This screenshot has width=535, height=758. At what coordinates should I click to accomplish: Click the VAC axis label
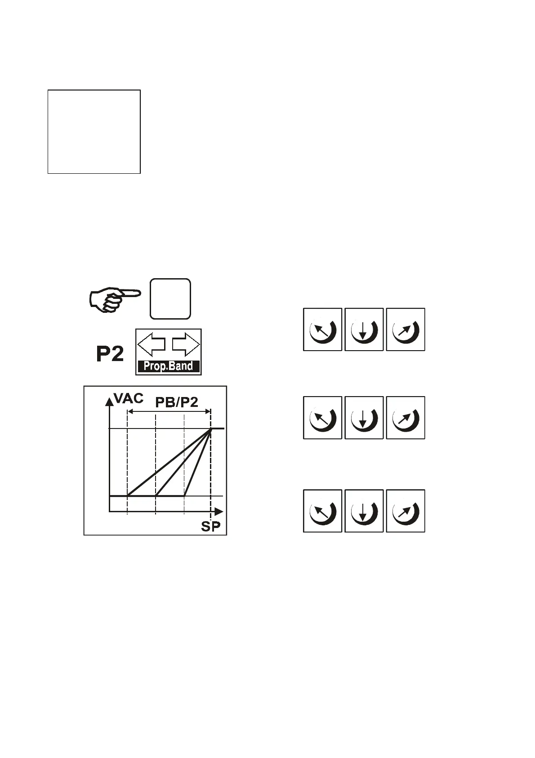click(x=129, y=398)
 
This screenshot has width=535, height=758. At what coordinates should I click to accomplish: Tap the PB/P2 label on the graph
click(x=177, y=402)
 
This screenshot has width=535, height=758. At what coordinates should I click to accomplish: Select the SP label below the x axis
click(x=211, y=527)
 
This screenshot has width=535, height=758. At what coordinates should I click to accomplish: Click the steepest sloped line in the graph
click(x=197, y=464)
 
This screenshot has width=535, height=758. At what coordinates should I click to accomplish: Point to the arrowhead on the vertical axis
click(x=109, y=401)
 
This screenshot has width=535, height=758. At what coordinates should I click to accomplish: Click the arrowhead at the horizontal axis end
click(x=219, y=512)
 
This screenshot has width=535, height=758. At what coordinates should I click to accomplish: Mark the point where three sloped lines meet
click(x=211, y=429)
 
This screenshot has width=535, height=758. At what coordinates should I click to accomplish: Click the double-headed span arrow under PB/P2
click(x=169, y=411)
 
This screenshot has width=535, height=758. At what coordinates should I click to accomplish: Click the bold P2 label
click(x=110, y=355)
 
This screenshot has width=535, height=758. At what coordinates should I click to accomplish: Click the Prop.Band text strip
click(x=169, y=366)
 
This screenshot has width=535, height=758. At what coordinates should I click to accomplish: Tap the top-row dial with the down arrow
click(x=364, y=329)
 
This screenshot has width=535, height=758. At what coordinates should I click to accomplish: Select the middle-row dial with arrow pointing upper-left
click(x=322, y=418)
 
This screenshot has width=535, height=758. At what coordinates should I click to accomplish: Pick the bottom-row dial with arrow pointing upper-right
click(x=405, y=511)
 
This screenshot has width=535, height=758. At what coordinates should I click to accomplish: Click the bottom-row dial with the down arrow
click(x=364, y=511)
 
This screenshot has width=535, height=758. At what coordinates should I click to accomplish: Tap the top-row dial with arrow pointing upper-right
click(x=405, y=329)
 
